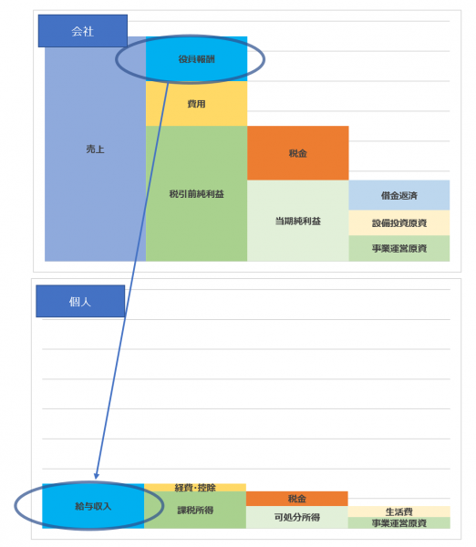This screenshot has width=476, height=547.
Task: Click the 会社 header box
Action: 83,31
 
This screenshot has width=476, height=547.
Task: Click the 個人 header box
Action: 80,302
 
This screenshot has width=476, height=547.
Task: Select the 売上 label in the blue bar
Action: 95,150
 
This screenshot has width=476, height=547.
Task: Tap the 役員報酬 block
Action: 196,59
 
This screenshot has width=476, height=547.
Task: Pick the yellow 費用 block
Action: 196,104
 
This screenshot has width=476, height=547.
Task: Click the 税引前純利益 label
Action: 196,194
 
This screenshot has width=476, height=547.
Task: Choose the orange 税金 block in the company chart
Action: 298,153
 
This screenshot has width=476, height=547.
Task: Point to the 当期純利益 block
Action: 298,221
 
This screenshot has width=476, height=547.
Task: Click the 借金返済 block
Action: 399,195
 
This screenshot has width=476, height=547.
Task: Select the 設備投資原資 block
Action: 399,223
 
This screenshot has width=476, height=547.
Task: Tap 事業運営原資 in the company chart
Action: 399,248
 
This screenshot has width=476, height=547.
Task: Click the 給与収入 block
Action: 93,506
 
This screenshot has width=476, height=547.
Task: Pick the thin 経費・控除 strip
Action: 195,488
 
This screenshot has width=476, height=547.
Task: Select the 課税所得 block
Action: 195,510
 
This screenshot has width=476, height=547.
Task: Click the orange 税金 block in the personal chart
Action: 297,499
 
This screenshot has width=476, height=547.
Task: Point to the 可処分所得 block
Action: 297,517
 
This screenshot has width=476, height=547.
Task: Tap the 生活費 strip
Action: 399,511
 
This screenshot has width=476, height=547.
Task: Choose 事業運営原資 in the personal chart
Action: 399,523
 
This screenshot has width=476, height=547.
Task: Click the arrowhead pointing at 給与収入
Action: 97,476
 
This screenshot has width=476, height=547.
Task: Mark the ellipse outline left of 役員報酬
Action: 116,59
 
